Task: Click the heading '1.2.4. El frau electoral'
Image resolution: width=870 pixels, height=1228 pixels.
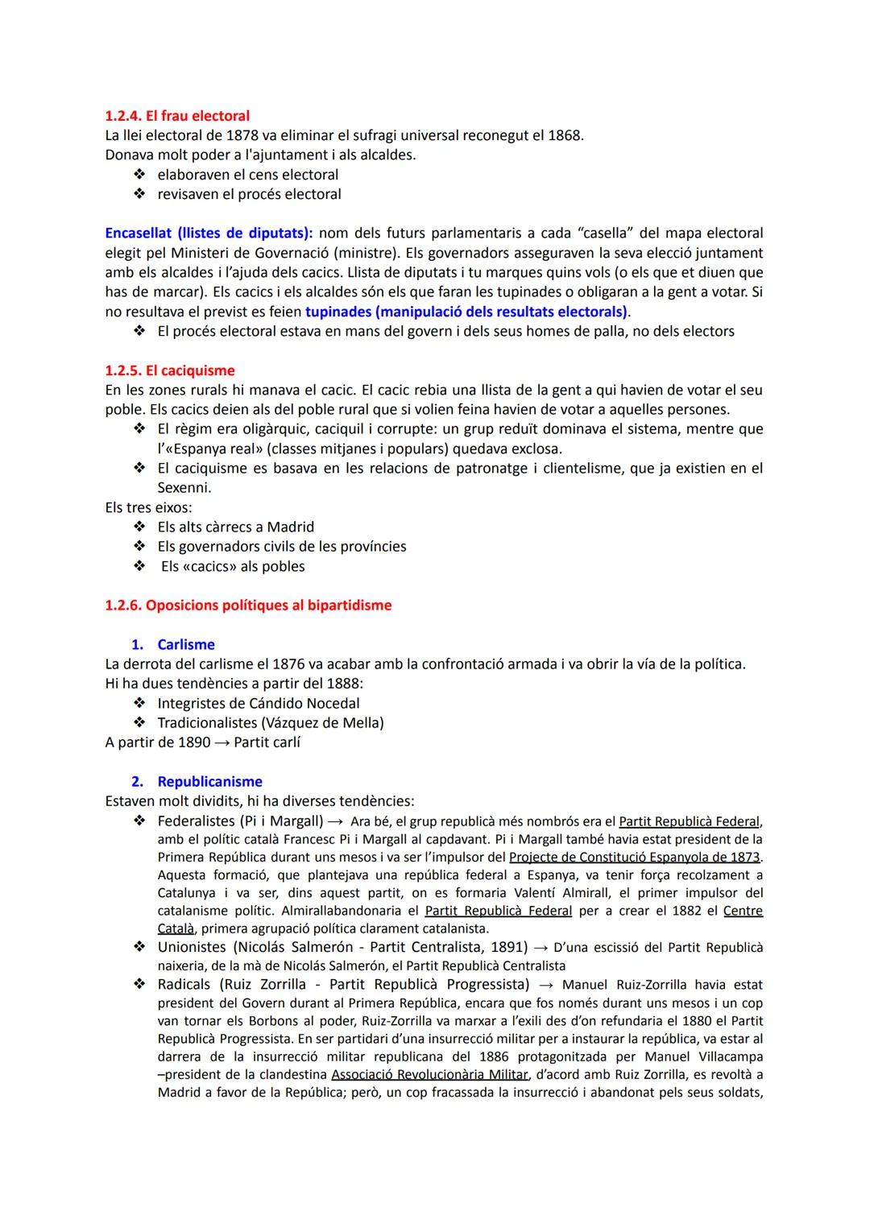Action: (177, 116)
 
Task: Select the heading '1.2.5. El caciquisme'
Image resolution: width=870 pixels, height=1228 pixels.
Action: (170, 370)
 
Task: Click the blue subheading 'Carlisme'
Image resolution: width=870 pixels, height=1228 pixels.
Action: (186, 644)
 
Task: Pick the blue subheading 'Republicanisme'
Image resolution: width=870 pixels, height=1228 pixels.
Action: (209, 781)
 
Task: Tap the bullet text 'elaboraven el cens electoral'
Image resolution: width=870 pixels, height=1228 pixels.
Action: (247, 175)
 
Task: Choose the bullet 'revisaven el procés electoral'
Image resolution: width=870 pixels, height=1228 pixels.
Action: (249, 194)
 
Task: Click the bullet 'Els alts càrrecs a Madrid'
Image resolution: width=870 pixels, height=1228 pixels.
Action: (235, 527)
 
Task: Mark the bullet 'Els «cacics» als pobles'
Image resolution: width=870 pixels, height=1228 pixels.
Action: (233, 566)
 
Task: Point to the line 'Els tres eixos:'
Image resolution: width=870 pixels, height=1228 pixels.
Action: (148, 507)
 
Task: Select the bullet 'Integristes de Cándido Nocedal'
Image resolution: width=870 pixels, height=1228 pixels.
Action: (258, 703)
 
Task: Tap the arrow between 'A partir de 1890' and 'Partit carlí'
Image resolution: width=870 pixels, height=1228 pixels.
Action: (222, 742)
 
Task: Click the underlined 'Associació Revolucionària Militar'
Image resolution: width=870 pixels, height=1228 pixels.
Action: (429, 1074)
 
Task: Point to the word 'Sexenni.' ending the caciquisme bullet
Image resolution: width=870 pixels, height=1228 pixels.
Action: (184, 487)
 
